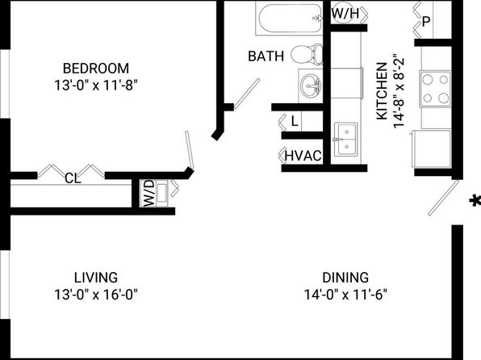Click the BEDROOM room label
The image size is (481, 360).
[96, 68]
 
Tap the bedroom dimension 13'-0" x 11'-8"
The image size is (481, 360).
[96, 86]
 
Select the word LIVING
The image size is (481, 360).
[96, 278]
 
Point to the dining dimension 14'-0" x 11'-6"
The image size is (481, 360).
[345, 295]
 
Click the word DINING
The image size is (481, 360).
[345, 278]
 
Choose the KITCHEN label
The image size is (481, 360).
[382, 91]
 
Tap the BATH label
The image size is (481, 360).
[266, 57]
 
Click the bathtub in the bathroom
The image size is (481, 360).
[289, 19]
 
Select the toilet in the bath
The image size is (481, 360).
[307, 54]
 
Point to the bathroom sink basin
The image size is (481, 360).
[311, 86]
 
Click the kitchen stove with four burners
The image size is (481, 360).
[435, 89]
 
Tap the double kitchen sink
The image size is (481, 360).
[345, 140]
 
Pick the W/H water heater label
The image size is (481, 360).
[345, 13]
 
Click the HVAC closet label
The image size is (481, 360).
[303, 156]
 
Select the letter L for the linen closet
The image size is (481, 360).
[295, 122]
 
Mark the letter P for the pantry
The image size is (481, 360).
[426, 22]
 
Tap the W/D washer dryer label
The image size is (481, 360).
[148, 194]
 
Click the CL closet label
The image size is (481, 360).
[73, 178]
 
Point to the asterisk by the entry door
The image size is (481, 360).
[475, 201]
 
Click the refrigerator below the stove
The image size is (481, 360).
[431, 149]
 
